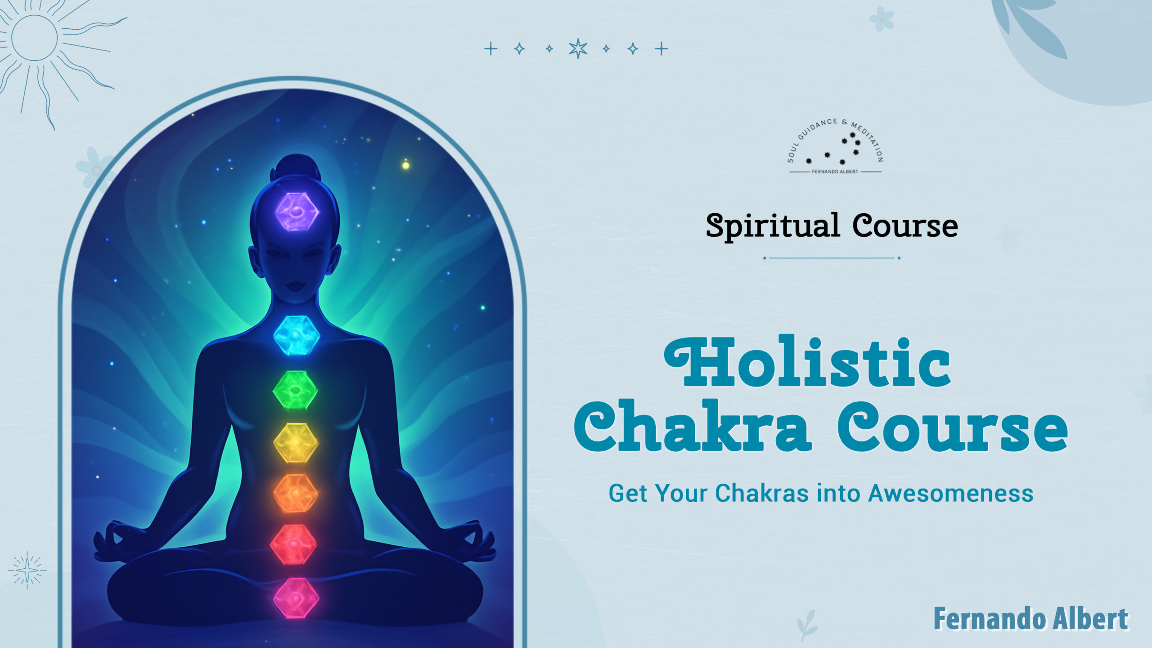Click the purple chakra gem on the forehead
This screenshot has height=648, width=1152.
297,211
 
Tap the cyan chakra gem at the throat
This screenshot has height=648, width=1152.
297,335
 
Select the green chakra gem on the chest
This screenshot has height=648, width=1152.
295,390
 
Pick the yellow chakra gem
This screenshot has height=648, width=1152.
296,443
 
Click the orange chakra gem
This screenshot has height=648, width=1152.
295,494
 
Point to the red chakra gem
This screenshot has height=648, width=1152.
293,544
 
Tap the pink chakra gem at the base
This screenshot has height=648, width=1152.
296,598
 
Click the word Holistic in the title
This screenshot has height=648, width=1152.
807,362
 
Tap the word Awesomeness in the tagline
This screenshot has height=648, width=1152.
950,493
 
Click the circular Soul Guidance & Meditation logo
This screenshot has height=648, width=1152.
835,147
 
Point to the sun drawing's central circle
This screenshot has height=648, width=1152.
35,38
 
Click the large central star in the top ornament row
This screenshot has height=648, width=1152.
578,49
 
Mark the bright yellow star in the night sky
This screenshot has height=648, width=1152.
405,165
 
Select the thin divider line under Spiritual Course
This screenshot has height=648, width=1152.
832,258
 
